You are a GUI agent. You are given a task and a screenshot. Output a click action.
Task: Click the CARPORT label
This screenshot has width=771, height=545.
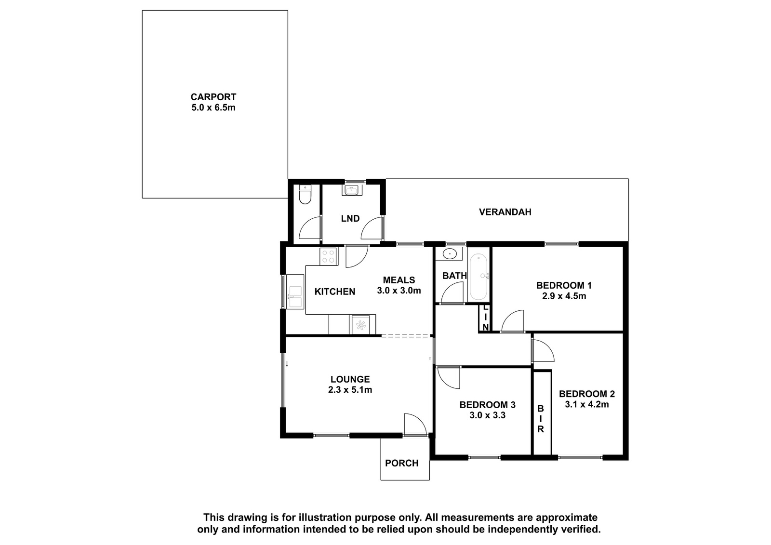(x=213, y=97)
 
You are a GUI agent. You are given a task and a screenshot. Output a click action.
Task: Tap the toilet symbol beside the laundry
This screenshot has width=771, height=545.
(x=305, y=195)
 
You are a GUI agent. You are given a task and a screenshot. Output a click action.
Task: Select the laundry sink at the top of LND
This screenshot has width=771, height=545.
(x=352, y=190)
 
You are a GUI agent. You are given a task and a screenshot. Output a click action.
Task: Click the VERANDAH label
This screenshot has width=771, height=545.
(x=505, y=212)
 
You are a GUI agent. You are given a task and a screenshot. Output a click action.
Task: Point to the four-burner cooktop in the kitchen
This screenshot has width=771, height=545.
(x=328, y=256)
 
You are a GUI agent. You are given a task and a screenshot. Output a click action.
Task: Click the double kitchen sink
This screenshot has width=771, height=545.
(x=295, y=292)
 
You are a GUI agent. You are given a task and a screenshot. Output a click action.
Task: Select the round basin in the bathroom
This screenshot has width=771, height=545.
(x=450, y=254)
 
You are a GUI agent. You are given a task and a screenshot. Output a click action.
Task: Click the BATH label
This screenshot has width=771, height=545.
(x=454, y=276)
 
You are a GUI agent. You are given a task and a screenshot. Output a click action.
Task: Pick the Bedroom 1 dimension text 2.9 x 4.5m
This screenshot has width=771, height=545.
(x=564, y=296)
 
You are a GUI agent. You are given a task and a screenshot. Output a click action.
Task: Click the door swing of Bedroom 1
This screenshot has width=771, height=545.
(x=513, y=321)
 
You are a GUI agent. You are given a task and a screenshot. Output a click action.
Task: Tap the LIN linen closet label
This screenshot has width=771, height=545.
(x=485, y=318)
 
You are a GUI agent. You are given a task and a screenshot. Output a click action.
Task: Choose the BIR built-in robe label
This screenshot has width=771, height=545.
(x=541, y=419)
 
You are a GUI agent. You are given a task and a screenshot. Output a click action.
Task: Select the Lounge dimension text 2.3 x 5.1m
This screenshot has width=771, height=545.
(x=350, y=390)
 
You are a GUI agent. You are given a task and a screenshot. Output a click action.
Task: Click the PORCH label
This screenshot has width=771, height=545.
(x=402, y=463)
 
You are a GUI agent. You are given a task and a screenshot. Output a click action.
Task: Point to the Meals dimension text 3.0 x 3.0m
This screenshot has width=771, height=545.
(x=399, y=291)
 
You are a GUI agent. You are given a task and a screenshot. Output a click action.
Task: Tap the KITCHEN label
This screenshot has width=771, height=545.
(x=334, y=292)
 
